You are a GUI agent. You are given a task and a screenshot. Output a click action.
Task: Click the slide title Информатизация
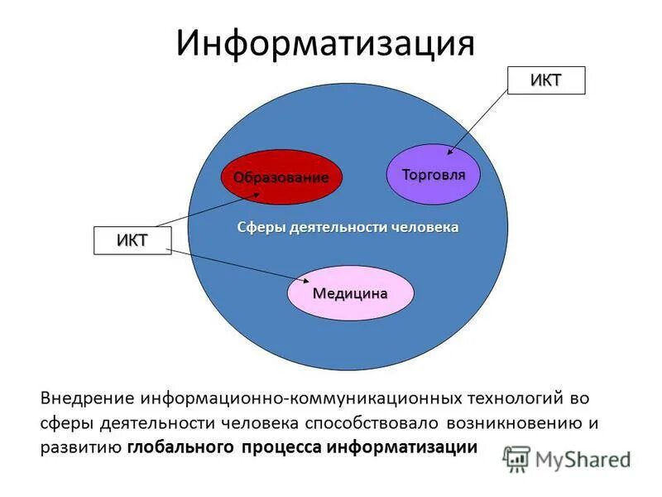tap(324, 44)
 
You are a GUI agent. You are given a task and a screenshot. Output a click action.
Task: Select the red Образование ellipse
tap(281, 177)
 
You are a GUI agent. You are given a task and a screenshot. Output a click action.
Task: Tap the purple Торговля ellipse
tap(434, 175)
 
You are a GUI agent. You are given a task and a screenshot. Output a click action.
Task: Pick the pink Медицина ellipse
tap(349, 293)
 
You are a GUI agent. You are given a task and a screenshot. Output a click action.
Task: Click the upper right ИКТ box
tap(545, 80)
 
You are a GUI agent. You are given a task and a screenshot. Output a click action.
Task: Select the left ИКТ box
tap(132, 240)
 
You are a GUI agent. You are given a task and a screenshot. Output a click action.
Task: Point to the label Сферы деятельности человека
tap(348, 227)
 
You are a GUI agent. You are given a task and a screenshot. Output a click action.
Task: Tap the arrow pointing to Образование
tap(207, 210)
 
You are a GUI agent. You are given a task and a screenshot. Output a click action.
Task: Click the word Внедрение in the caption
tap(86, 398)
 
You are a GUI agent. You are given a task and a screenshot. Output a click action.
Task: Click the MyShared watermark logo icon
tap(517, 458)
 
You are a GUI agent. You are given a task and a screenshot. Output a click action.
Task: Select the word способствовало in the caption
tap(373, 423)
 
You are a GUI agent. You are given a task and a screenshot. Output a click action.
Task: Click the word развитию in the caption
tap(80, 448)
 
